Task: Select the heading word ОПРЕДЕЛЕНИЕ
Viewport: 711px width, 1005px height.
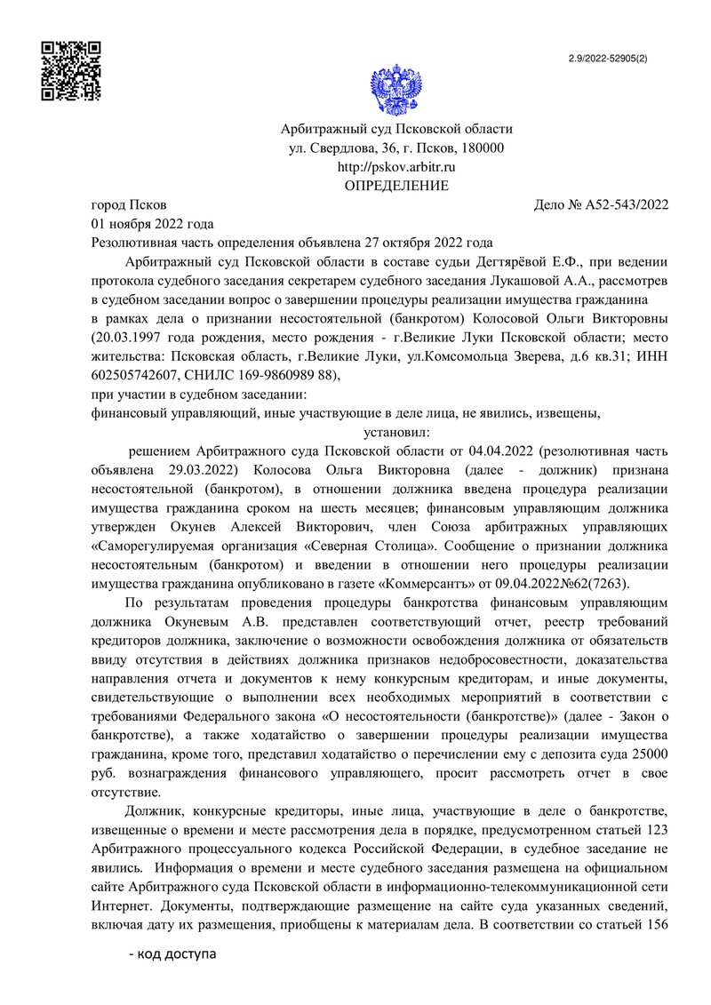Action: coord(396,186)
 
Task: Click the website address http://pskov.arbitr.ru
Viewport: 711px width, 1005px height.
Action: coord(396,167)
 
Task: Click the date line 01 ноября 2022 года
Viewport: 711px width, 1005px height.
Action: coord(153,223)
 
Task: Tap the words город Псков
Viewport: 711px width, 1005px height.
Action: coord(129,205)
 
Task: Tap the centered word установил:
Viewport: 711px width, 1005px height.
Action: coord(396,432)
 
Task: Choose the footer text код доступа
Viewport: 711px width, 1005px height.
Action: coord(172,956)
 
